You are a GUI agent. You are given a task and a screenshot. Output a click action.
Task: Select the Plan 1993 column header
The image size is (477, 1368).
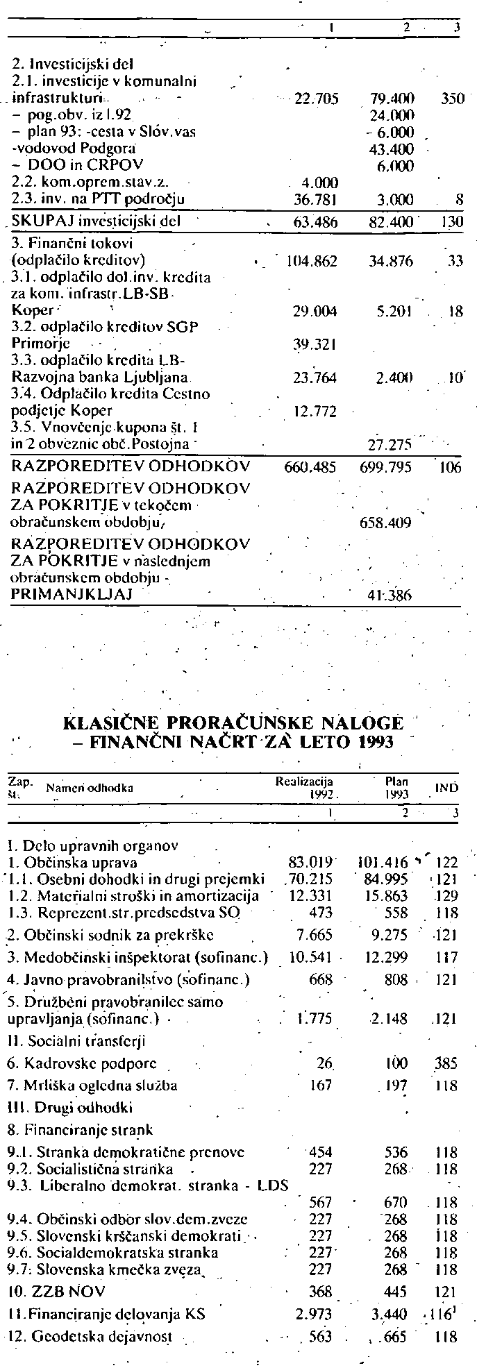click(396, 787)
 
